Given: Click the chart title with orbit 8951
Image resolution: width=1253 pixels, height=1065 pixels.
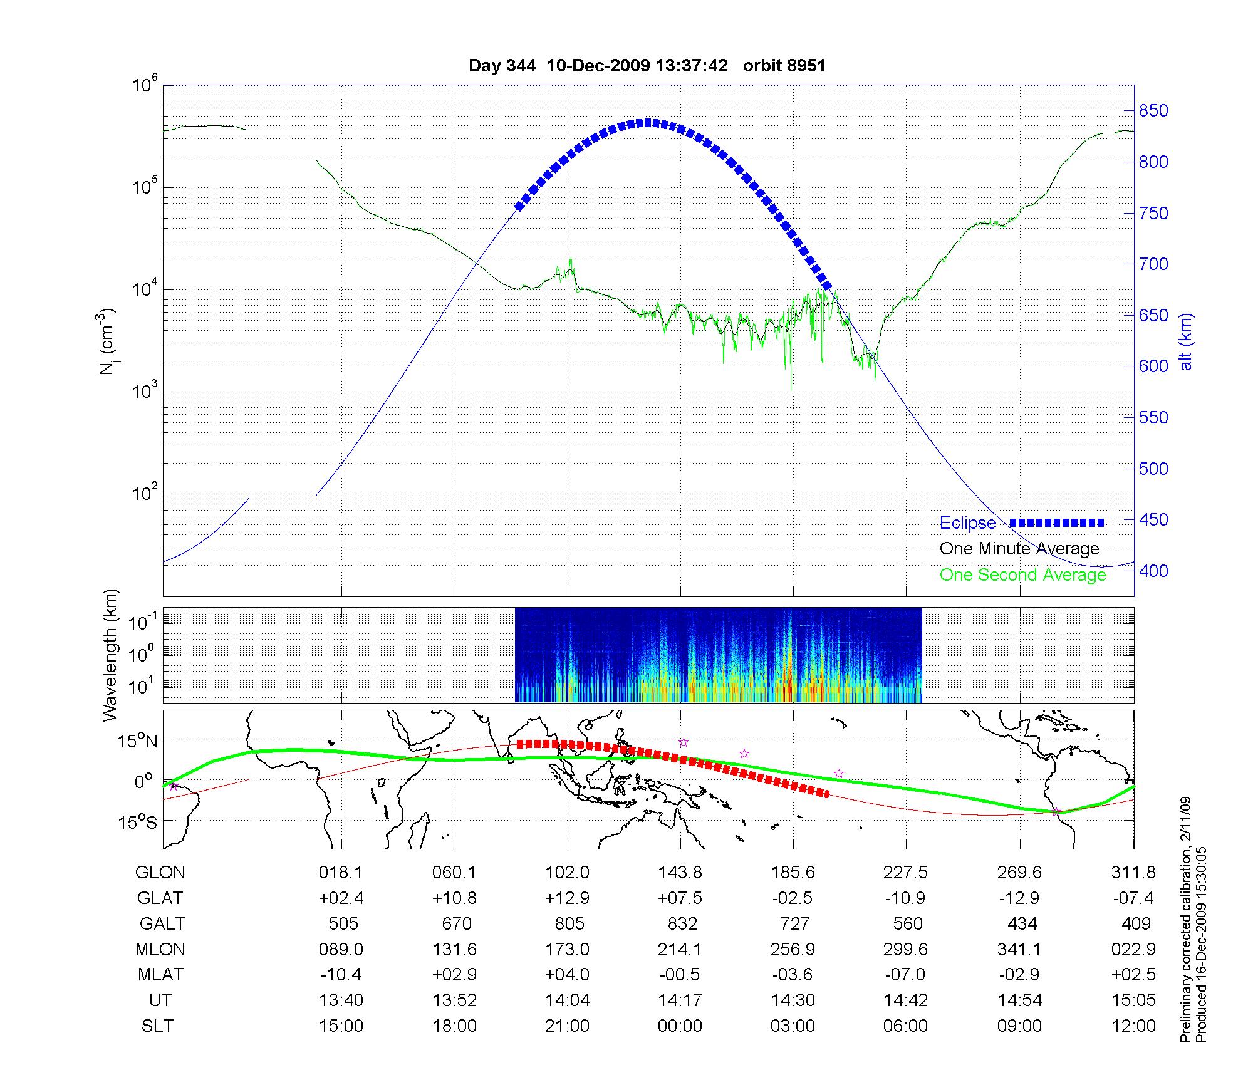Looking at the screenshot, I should pyautogui.click(x=647, y=66).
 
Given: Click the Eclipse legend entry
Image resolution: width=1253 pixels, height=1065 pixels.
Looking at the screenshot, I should pyautogui.click(x=967, y=523).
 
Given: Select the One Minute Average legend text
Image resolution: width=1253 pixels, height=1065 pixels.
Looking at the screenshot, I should pyautogui.click(x=1019, y=549).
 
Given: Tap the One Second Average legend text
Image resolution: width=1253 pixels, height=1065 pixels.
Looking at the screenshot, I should pyautogui.click(x=1022, y=575).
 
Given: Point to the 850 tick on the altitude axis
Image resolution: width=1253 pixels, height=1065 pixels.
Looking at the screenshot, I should pyautogui.click(x=1153, y=111).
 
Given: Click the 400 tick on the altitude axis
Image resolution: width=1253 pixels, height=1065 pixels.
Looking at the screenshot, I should pyautogui.click(x=1153, y=571).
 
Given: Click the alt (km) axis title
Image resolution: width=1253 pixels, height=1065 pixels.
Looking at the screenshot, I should pyautogui.click(x=1187, y=341).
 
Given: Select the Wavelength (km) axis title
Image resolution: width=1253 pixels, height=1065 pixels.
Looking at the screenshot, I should pyautogui.click(x=110, y=655).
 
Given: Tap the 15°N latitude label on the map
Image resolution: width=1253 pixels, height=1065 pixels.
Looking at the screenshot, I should pyautogui.click(x=138, y=742).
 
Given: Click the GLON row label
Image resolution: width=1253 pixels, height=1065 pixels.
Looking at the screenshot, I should pyautogui.click(x=160, y=873).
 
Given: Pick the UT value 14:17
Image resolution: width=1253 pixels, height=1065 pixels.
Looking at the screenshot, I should pyautogui.click(x=680, y=1000).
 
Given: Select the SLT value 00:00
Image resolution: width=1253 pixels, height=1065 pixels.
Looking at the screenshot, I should pyautogui.click(x=680, y=1026).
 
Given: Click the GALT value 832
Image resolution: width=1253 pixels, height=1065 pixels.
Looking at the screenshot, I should pyautogui.click(x=682, y=924).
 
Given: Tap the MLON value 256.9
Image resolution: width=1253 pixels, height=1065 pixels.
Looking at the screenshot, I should pyautogui.click(x=793, y=950).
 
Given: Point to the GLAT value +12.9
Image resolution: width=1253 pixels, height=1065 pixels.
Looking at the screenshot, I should pyautogui.click(x=567, y=898).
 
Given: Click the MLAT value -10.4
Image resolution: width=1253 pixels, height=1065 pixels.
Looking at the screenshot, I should pyautogui.click(x=341, y=975).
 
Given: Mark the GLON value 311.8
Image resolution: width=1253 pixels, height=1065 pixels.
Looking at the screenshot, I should pyautogui.click(x=1133, y=873).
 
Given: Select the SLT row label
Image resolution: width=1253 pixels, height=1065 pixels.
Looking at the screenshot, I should pyautogui.click(x=157, y=1026).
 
